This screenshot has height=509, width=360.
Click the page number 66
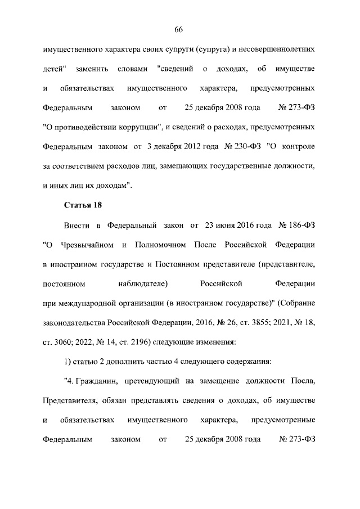[180, 29]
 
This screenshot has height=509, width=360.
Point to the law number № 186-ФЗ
[296, 226]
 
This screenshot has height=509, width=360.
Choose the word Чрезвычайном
[85, 245]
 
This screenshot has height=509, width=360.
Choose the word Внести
[76, 226]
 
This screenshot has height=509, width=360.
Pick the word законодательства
[75, 323]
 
